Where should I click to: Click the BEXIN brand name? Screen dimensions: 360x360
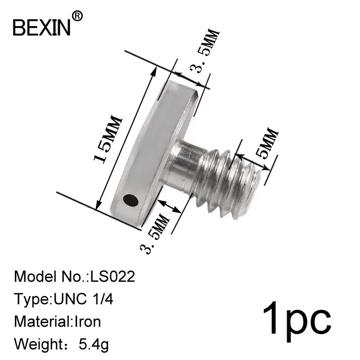[x=41, y=27]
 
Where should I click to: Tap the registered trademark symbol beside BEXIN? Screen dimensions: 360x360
[x=77, y=16]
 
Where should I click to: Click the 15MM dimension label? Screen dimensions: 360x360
[x=108, y=139]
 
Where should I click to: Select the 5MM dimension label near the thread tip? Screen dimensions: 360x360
[x=267, y=143]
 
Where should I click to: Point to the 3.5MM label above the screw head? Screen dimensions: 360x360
[x=204, y=51]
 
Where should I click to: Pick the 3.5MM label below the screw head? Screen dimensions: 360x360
[x=154, y=234]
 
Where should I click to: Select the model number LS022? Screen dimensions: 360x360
[x=112, y=276]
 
